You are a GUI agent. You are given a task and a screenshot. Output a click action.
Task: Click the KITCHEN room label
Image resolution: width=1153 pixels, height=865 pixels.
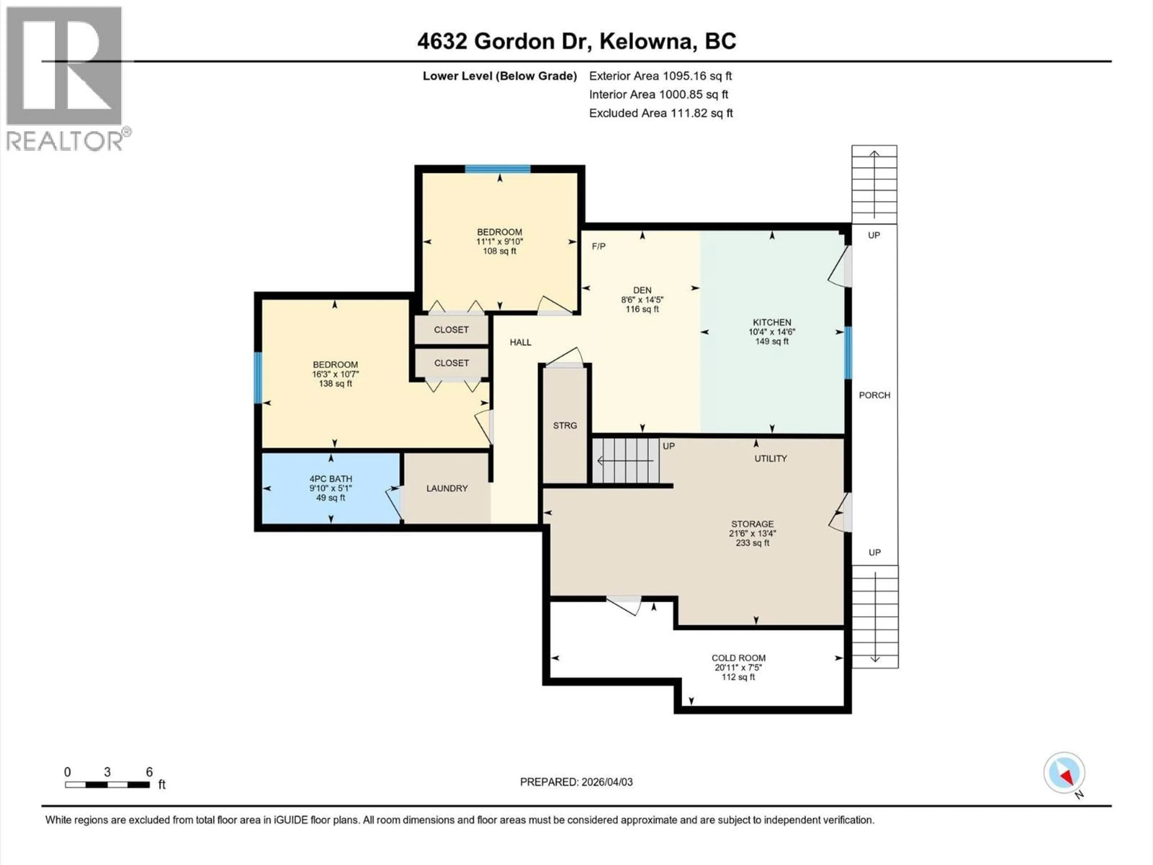point(771,322)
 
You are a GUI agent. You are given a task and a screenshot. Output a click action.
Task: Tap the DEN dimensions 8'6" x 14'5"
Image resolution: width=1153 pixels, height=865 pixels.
point(642,300)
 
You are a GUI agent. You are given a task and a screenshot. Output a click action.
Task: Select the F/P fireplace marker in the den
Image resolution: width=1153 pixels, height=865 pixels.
point(598,246)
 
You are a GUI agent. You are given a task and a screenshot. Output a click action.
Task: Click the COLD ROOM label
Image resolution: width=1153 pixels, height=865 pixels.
point(739,658)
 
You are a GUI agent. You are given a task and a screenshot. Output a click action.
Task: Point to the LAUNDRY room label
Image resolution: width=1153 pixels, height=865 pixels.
point(447,489)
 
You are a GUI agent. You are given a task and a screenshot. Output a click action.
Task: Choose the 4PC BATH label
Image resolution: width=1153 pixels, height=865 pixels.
point(331,479)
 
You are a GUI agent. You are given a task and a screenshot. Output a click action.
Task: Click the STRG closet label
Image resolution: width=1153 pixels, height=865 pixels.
point(565,426)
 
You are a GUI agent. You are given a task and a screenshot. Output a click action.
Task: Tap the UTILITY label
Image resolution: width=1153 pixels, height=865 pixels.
point(770,458)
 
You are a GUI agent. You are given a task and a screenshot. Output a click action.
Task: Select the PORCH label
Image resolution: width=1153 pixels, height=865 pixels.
point(874,395)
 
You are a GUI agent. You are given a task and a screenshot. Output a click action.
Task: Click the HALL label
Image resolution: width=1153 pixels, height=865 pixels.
point(520,342)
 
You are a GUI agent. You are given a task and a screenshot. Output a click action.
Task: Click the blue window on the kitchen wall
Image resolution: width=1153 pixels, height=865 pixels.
point(848,353)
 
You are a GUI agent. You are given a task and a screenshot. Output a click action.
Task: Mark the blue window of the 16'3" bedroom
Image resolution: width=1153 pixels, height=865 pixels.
point(258,378)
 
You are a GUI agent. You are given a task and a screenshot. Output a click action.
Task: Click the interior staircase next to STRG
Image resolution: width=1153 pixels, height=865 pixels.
point(625,461)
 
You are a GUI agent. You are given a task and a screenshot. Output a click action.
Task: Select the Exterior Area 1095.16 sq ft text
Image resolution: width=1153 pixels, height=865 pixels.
point(660,76)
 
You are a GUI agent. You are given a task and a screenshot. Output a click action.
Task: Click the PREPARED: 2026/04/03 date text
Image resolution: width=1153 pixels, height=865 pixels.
point(576,782)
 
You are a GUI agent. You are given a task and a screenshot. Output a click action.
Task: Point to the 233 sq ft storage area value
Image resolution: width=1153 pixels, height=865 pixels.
point(752,543)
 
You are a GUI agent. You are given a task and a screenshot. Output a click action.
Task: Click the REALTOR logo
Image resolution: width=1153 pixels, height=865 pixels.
point(65,78)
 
